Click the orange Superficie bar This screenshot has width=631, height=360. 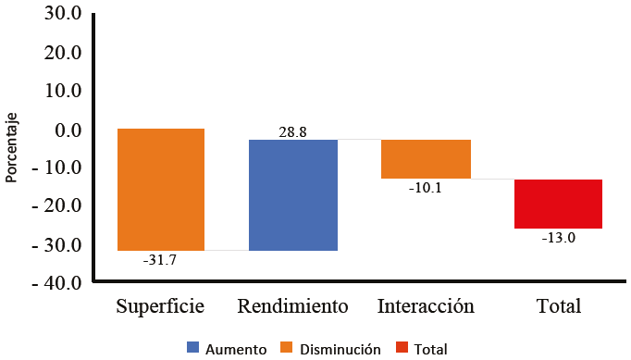tap(160, 190)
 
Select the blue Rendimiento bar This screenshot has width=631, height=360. tap(293, 194)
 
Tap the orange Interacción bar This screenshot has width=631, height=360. tap(426, 158)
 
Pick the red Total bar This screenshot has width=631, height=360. tap(558, 204)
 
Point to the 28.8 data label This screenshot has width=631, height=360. tap(292, 132)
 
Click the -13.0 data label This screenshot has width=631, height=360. tap(559, 238)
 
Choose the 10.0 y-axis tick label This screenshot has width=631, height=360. tap(62, 91)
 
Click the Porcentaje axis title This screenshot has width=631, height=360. tap(12, 149)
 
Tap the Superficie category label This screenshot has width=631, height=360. tap(160, 306)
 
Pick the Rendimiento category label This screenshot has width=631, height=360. tap(292, 306)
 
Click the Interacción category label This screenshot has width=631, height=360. tap(426, 306)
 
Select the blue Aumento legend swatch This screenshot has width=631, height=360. tap(192, 348)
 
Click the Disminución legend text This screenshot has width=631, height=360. tap(340, 349)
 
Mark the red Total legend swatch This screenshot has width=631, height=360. tap(401, 348)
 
